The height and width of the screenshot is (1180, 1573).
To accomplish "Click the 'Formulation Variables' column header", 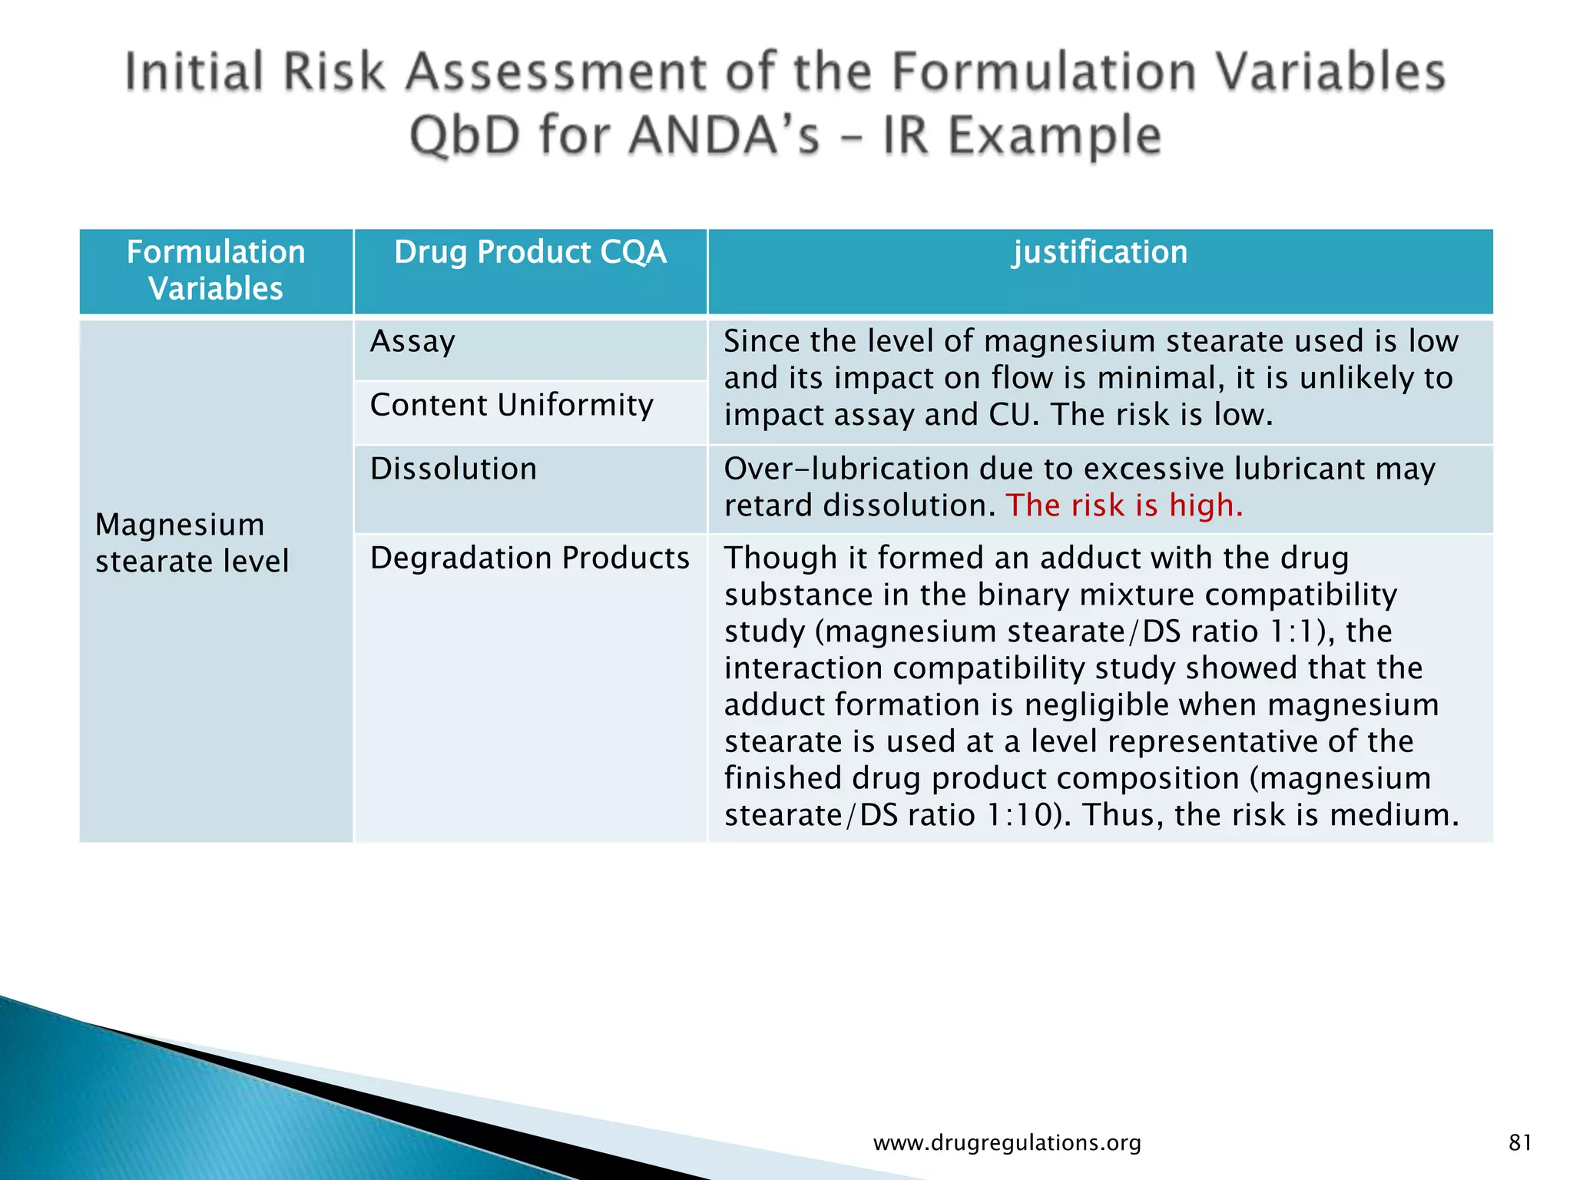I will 216,270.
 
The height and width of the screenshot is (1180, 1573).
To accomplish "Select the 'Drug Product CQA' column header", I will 530,253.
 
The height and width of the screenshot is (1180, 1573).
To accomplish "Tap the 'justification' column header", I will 1100,253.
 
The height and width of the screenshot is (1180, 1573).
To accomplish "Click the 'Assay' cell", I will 412,342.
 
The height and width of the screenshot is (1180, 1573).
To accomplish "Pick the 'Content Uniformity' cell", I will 512,406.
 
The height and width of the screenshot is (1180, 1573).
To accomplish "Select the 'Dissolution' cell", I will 453,469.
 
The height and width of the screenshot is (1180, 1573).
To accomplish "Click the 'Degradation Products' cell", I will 529,559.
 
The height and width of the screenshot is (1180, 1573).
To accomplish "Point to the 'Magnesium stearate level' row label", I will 191,543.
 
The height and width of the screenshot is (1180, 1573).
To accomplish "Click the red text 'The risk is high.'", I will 1124,506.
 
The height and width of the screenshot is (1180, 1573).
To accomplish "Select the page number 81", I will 1520,1143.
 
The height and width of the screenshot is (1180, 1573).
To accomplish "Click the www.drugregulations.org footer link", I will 1007,1143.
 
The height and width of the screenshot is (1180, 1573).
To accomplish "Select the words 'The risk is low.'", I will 1161,416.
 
